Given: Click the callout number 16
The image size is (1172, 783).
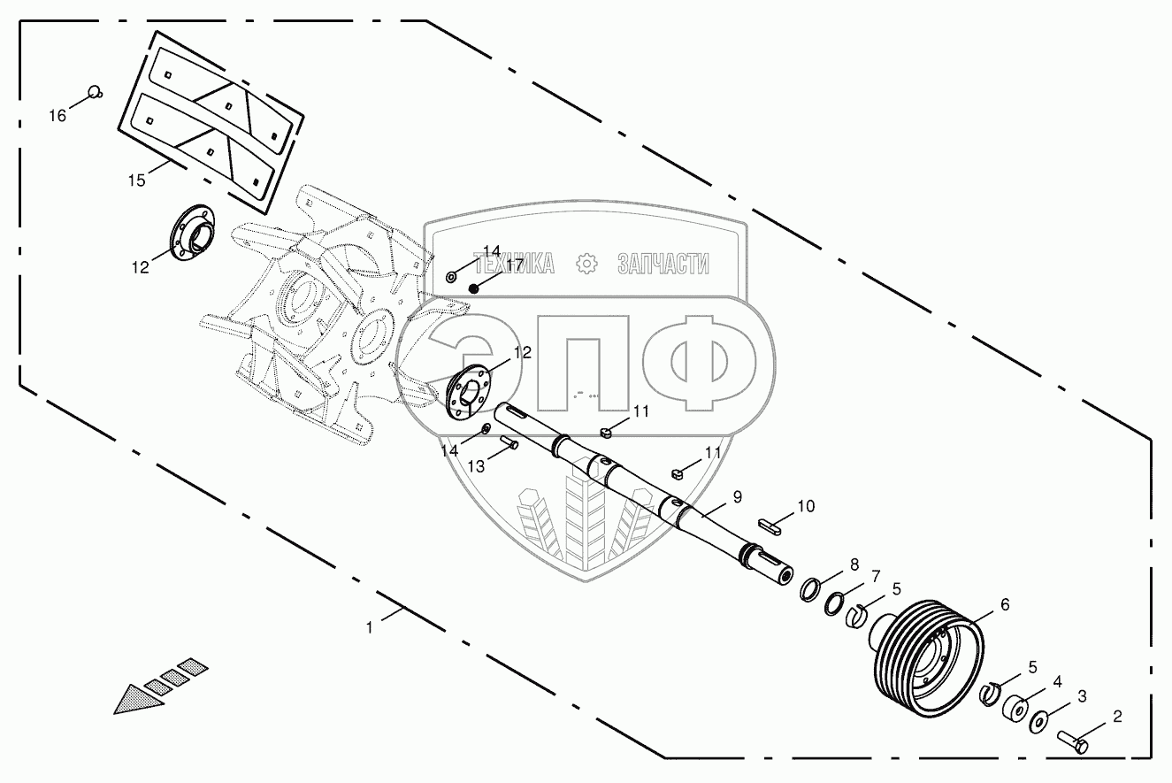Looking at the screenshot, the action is pos(57,116).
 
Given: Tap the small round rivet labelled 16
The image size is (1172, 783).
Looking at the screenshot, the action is pos(95,90).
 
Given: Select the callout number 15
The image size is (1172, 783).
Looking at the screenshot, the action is pos(136,180).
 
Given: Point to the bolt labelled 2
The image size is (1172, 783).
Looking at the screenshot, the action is pos(1071,740).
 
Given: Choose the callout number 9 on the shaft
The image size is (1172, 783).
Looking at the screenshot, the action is pos(738,497).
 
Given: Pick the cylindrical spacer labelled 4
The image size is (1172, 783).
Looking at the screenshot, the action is pos(1015,710).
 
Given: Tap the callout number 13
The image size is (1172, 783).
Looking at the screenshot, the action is pos(476,466).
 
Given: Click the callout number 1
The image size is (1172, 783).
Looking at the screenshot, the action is pos(369,626).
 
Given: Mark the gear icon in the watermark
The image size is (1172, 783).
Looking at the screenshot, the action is pos(585,263).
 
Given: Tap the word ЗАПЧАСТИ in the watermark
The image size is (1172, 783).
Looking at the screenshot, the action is pos(663,263).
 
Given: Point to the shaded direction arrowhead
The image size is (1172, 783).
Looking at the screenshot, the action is pos(140,696).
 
